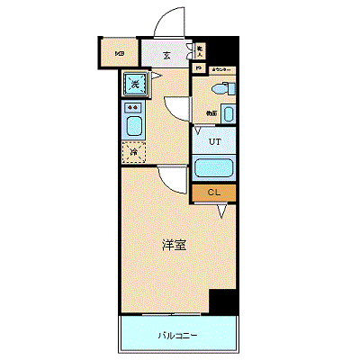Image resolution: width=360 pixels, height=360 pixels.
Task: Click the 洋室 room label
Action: (174, 244)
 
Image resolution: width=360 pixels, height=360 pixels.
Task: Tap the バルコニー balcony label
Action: (178, 336)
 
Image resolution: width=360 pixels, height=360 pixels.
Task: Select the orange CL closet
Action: (213, 192)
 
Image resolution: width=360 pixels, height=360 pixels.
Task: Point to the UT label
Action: (214, 142)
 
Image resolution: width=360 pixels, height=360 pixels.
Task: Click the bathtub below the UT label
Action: (213, 168)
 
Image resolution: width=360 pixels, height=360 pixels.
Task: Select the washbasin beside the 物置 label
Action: (227, 114)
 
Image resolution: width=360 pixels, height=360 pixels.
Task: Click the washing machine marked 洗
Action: (135, 85)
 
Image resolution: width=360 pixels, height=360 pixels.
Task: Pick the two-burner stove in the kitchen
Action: (134, 107)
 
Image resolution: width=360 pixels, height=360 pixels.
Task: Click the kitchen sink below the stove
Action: (134, 125)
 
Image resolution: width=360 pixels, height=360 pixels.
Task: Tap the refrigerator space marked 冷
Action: (134, 152)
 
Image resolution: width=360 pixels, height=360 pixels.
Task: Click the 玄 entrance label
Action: (167, 55)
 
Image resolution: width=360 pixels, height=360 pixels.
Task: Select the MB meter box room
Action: (119, 53)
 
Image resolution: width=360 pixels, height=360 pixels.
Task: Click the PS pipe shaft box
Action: (198, 68)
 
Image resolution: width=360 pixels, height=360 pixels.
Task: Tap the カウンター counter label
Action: (221, 69)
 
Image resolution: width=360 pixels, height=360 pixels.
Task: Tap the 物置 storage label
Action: (209, 112)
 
